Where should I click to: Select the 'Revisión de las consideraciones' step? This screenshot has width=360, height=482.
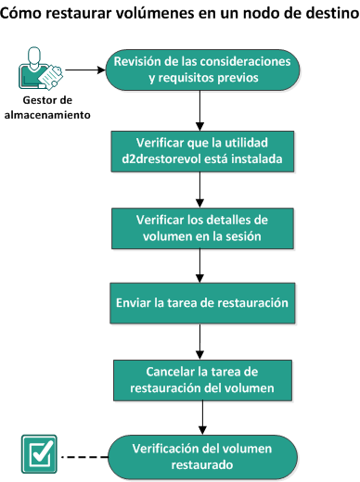[201, 70]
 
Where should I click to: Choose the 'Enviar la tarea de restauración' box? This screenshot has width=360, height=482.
[201, 302]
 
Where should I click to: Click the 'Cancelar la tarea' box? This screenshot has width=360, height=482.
[201, 379]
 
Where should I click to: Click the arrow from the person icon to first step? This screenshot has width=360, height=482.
[84, 69]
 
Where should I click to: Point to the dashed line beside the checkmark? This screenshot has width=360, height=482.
[83, 454]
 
